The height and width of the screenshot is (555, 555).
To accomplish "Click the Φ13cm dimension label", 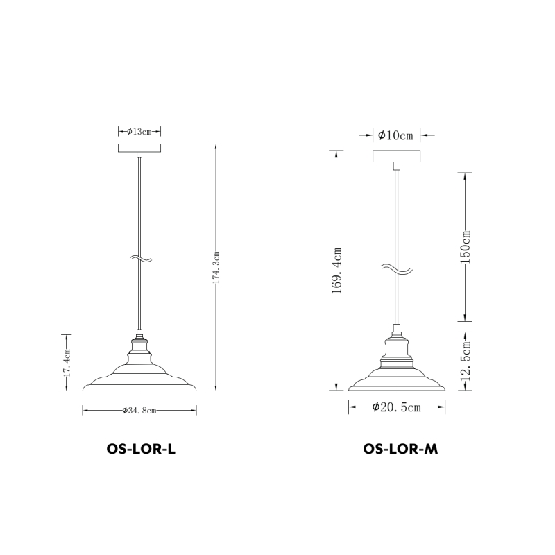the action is [139, 132].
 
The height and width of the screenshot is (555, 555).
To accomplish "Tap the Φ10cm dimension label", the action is [395, 135].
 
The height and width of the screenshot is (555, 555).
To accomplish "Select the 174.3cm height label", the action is [216, 267].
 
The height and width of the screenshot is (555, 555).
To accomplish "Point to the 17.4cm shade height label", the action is [67, 363].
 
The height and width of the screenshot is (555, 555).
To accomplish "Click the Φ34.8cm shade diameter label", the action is [139, 411].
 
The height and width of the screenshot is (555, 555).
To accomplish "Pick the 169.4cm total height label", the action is [336, 271].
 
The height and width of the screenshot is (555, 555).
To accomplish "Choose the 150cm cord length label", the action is [465, 247].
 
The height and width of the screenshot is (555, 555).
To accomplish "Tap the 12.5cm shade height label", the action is [466, 361].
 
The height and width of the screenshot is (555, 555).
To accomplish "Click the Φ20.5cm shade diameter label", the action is [397, 407].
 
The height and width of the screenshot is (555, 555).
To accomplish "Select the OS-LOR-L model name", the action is [141, 449].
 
